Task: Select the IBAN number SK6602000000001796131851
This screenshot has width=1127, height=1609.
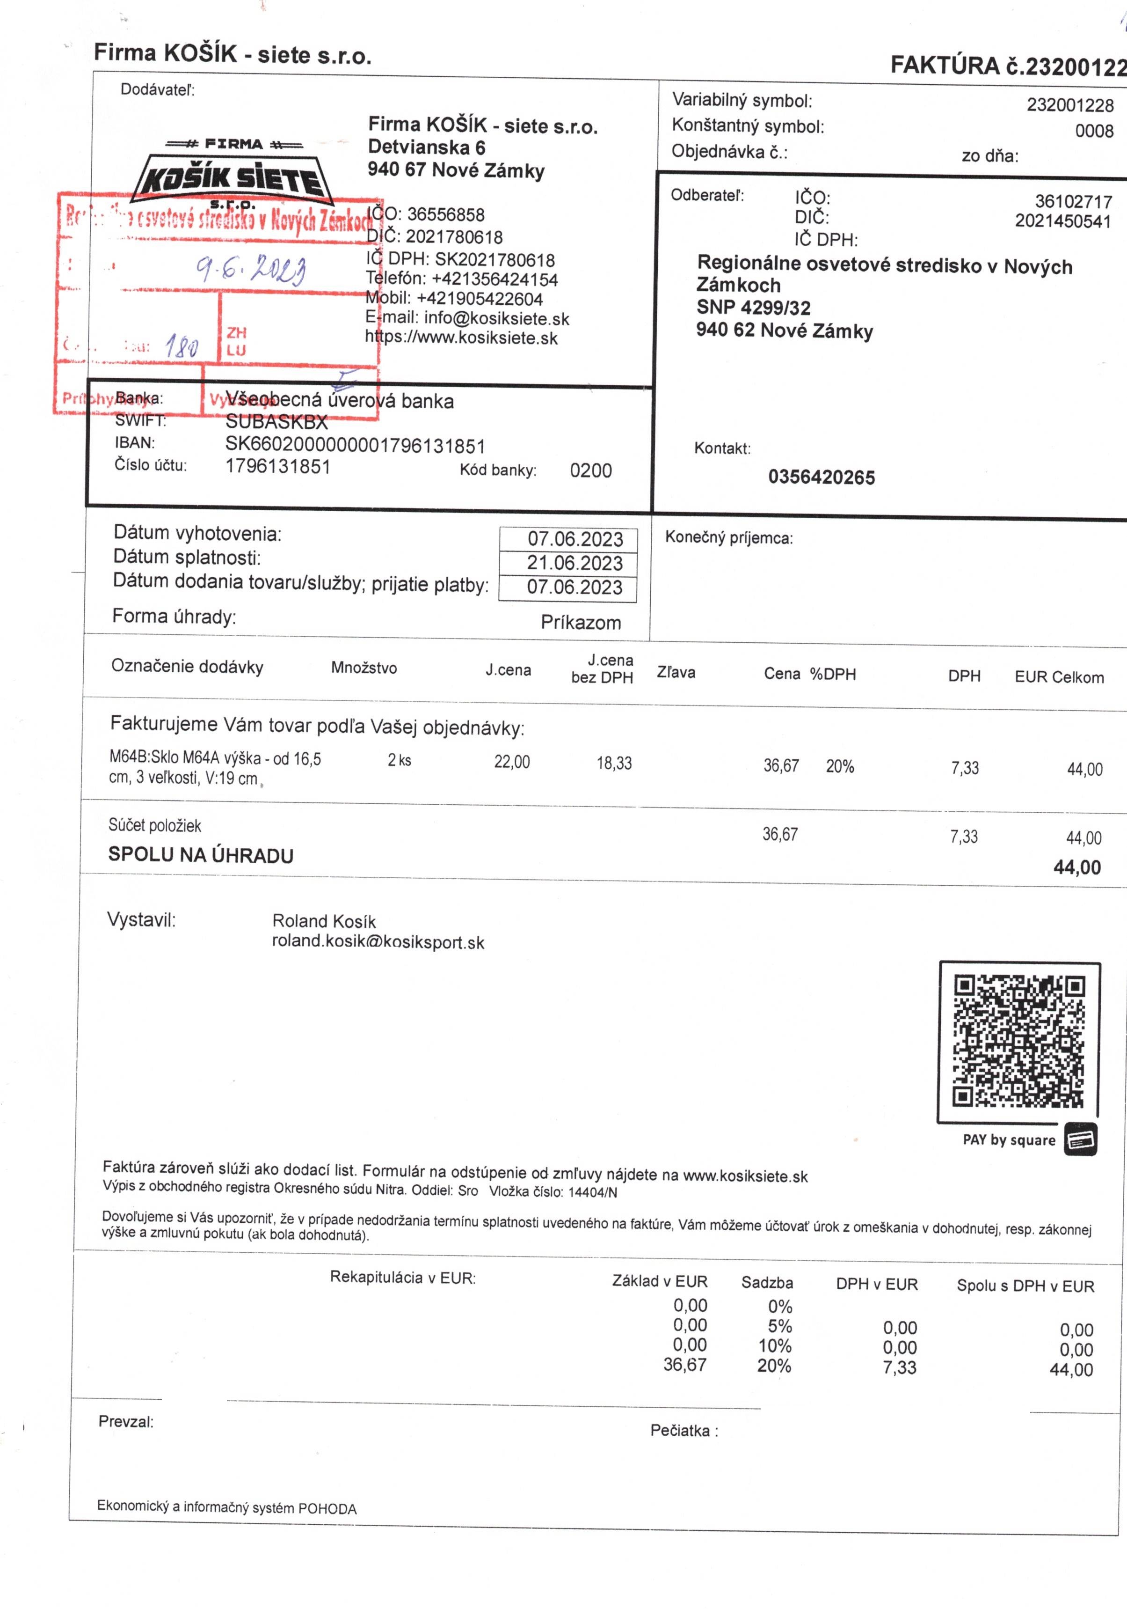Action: click(x=355, y=446)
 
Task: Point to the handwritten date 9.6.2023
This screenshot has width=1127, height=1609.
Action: click(x=251, y=269)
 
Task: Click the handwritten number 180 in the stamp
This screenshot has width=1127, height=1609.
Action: click(x=182, y=346)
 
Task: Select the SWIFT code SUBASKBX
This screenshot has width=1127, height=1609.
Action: click(x=276, y=422)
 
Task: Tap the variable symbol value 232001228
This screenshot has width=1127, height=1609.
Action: click(x=1069, y=105)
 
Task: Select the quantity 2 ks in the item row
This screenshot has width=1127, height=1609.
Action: click(x=399, y=760)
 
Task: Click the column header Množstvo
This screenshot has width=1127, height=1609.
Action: click(x=364, y=668)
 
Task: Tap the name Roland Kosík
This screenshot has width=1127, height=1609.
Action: click(x=324, y=921)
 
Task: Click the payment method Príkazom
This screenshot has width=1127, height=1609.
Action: click(x=581, y=622)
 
